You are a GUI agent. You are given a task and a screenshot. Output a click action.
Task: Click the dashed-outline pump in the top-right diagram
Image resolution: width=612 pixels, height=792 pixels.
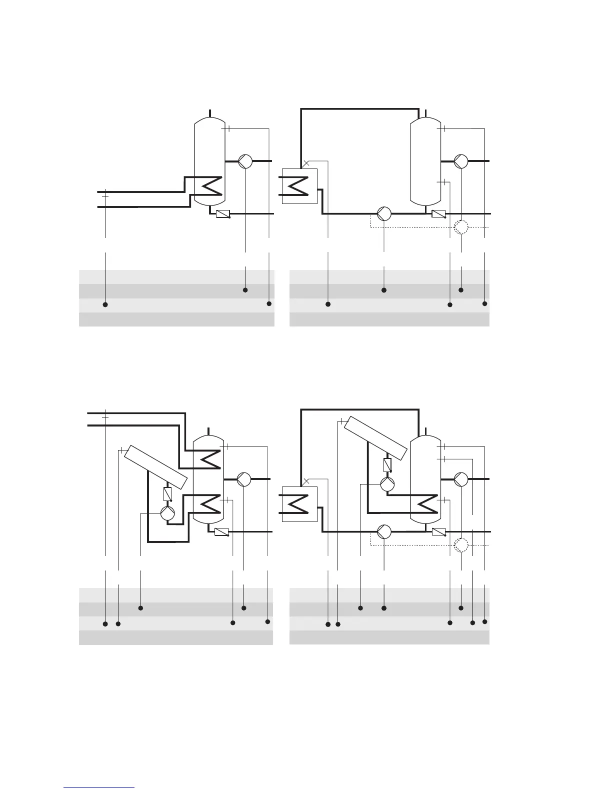coord(461,227)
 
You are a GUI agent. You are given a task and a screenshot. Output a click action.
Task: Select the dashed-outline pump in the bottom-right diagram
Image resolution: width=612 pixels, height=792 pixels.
coord(461,545)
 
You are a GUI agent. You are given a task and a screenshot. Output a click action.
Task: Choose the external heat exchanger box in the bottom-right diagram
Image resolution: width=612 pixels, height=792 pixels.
coord(299,503)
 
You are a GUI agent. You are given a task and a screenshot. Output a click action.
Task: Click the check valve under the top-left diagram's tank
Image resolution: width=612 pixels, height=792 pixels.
coord(222,214)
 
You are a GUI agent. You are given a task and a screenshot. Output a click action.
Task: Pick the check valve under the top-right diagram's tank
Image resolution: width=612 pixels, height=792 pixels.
coord(438,214)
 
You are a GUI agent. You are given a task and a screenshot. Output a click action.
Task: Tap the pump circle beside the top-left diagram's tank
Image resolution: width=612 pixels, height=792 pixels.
coord(245,161)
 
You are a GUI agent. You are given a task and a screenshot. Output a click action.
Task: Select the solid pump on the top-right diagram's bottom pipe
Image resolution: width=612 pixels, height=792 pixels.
coord(384,213)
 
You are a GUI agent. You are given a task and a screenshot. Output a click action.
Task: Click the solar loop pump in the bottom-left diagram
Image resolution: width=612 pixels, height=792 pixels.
coord(167,512)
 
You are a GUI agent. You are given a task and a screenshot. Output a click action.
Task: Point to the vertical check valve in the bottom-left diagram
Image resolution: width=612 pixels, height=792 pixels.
coord(168,494)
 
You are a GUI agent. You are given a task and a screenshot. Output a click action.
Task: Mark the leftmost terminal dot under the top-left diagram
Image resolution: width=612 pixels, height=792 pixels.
coord(105,304)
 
